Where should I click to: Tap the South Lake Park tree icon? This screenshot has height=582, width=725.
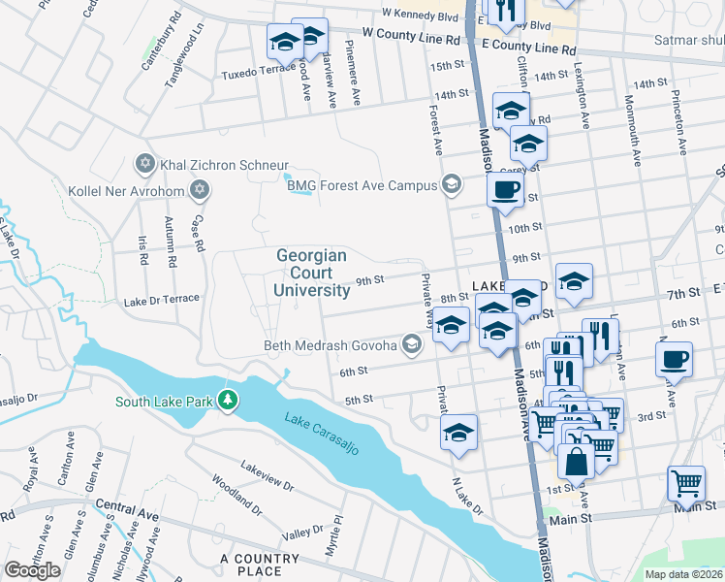228,400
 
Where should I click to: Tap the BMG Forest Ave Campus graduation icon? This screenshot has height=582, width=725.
451,184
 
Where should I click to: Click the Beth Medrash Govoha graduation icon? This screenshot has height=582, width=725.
412,344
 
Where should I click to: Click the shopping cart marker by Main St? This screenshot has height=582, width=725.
686,481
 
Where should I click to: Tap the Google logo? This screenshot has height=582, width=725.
33,570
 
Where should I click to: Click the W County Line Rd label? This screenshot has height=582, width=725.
411,33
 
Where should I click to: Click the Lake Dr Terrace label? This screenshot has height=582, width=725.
161,300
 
